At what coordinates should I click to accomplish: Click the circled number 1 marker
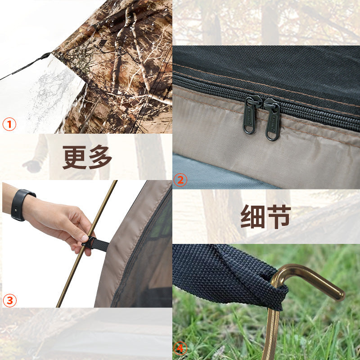[9, 124]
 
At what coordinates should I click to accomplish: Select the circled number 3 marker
[9, 300]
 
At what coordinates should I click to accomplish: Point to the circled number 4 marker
[180, 349]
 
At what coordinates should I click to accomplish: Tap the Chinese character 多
[100, 157]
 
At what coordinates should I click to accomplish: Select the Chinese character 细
[252, 217]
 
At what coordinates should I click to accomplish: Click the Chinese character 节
[279, 217]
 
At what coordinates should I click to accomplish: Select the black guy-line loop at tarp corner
[45, 56]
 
